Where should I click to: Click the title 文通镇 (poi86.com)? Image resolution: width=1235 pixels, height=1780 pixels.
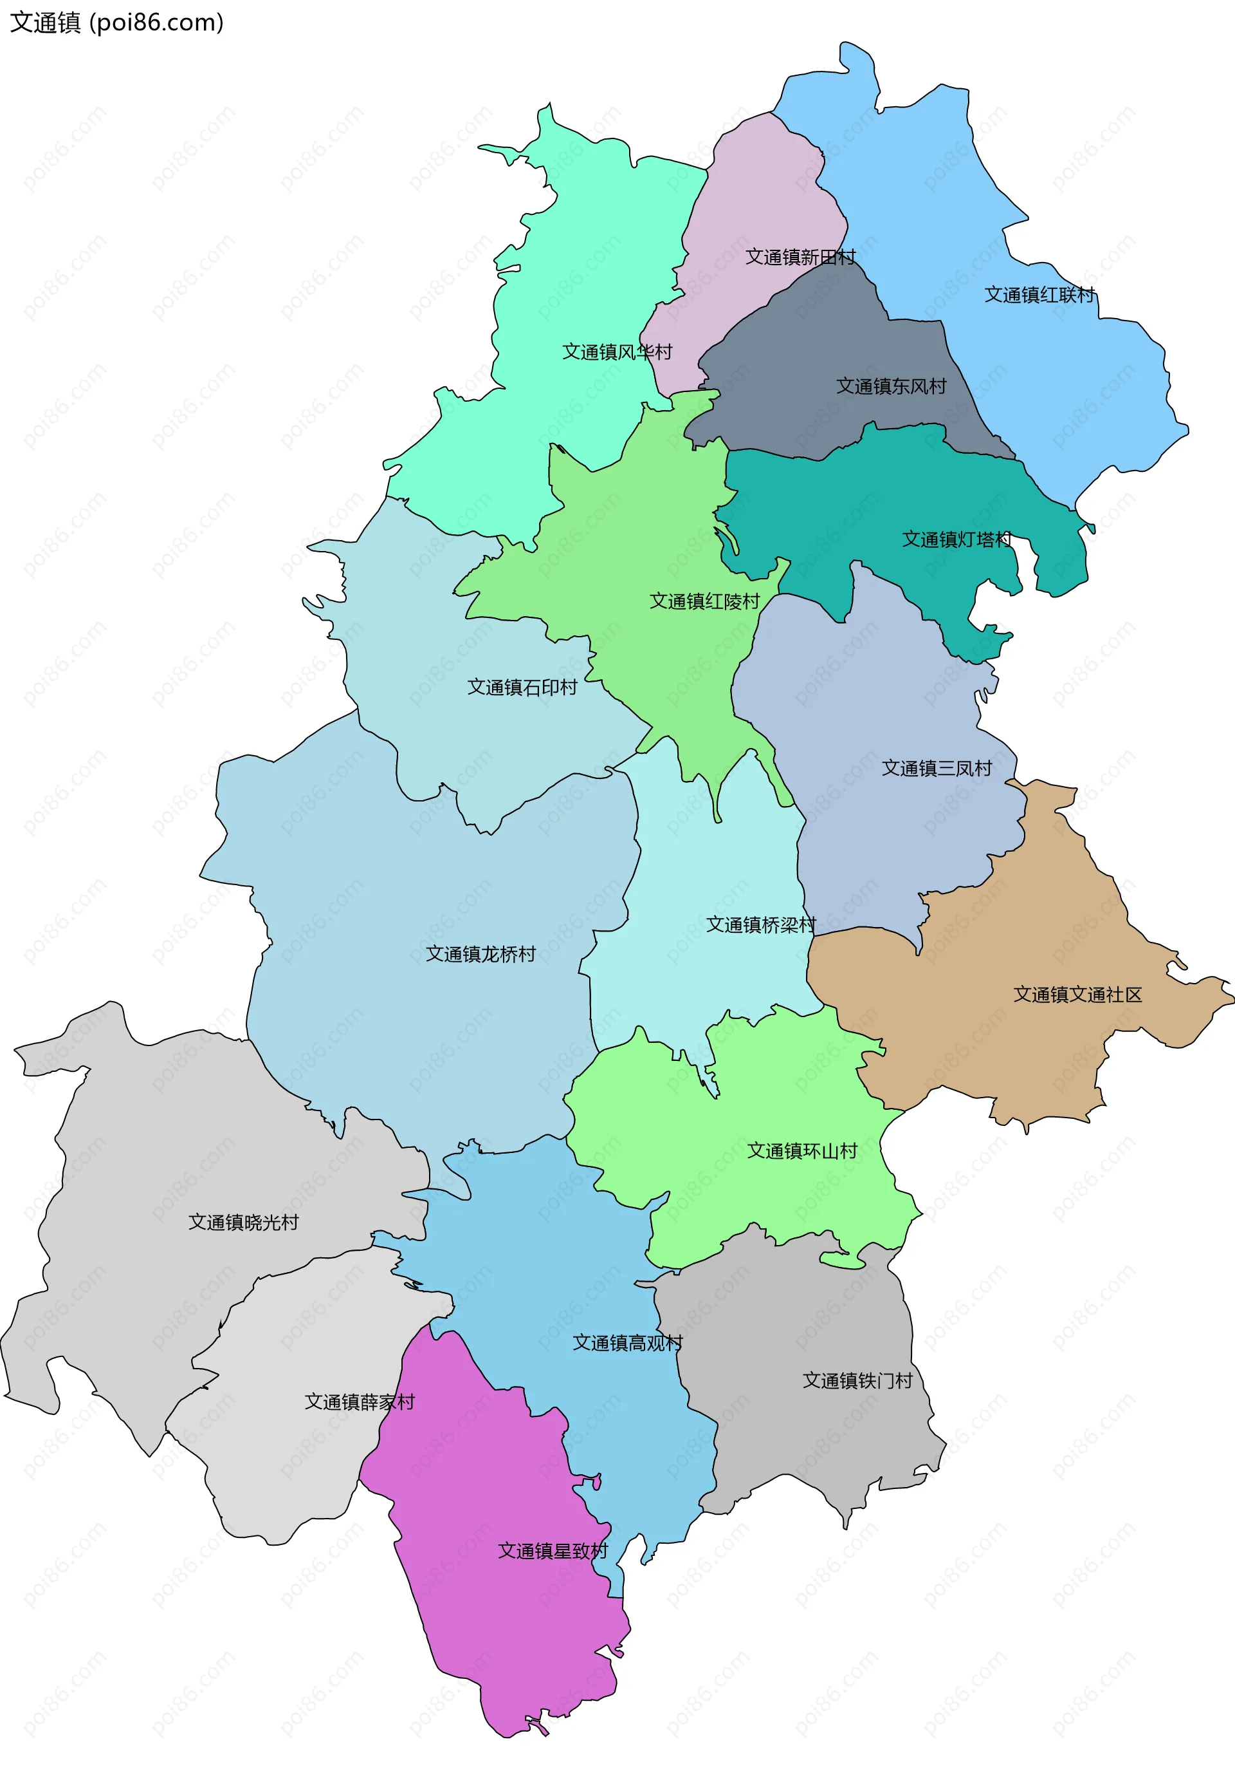116,23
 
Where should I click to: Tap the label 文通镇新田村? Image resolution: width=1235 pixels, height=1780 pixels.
800,257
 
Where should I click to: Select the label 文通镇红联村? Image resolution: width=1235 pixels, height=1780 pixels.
1039,295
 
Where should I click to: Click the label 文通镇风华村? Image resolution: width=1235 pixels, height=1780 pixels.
617,352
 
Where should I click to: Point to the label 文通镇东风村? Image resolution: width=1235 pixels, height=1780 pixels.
891,386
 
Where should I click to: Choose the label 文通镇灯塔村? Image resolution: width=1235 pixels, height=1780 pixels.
956,539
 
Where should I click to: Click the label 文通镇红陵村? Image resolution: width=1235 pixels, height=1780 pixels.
704,601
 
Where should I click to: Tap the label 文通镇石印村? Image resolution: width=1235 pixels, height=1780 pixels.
522,688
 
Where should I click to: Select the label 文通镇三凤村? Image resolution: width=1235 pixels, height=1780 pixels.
937,769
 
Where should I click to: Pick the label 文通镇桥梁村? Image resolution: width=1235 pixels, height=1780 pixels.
761,925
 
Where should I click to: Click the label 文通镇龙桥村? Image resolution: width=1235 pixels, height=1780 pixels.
480,955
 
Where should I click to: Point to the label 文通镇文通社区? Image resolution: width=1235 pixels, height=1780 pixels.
1077,995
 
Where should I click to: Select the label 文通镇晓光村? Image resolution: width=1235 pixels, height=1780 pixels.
243,1223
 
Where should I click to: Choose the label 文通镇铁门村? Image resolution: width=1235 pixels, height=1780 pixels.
857,1380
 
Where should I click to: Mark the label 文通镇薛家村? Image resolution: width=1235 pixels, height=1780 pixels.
359,1402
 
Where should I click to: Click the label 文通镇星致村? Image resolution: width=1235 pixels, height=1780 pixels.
553,1551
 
